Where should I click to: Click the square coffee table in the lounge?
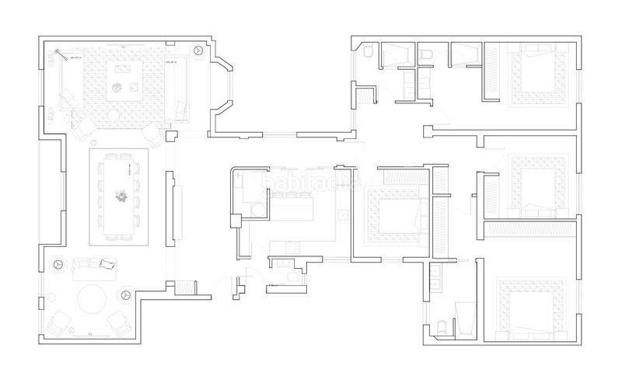click(x=122, y=81)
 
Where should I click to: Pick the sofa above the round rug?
click(x=93, y=269)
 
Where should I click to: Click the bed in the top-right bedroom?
click(x=536, y=76)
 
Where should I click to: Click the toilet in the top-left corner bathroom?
click(x=369, y=53)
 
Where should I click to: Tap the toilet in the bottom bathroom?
click(x=440, y=326)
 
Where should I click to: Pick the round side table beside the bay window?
click(x=198, y=49)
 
